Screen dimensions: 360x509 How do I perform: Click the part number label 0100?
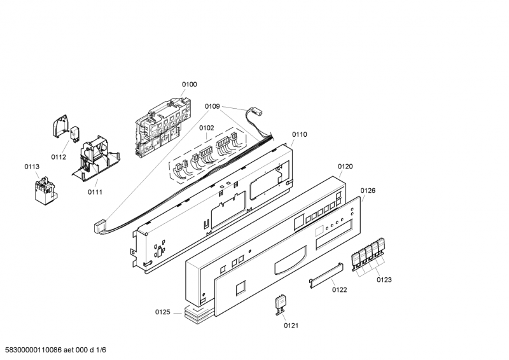[189, 84]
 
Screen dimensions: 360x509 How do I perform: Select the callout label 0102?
[206, 127]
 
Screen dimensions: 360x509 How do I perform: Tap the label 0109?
[213, 106]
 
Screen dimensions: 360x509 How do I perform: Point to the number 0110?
[299, 134]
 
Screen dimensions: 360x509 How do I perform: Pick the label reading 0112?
[59, 156]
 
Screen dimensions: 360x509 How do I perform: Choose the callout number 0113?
[32, 167]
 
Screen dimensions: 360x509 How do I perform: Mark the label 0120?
[345, 167]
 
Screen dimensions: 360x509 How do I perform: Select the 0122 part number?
[340, 289]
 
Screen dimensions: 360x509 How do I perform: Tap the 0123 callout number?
[384, 279]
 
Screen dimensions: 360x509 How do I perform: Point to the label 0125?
[164, 312]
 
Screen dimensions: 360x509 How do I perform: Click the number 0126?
[368, 190]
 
